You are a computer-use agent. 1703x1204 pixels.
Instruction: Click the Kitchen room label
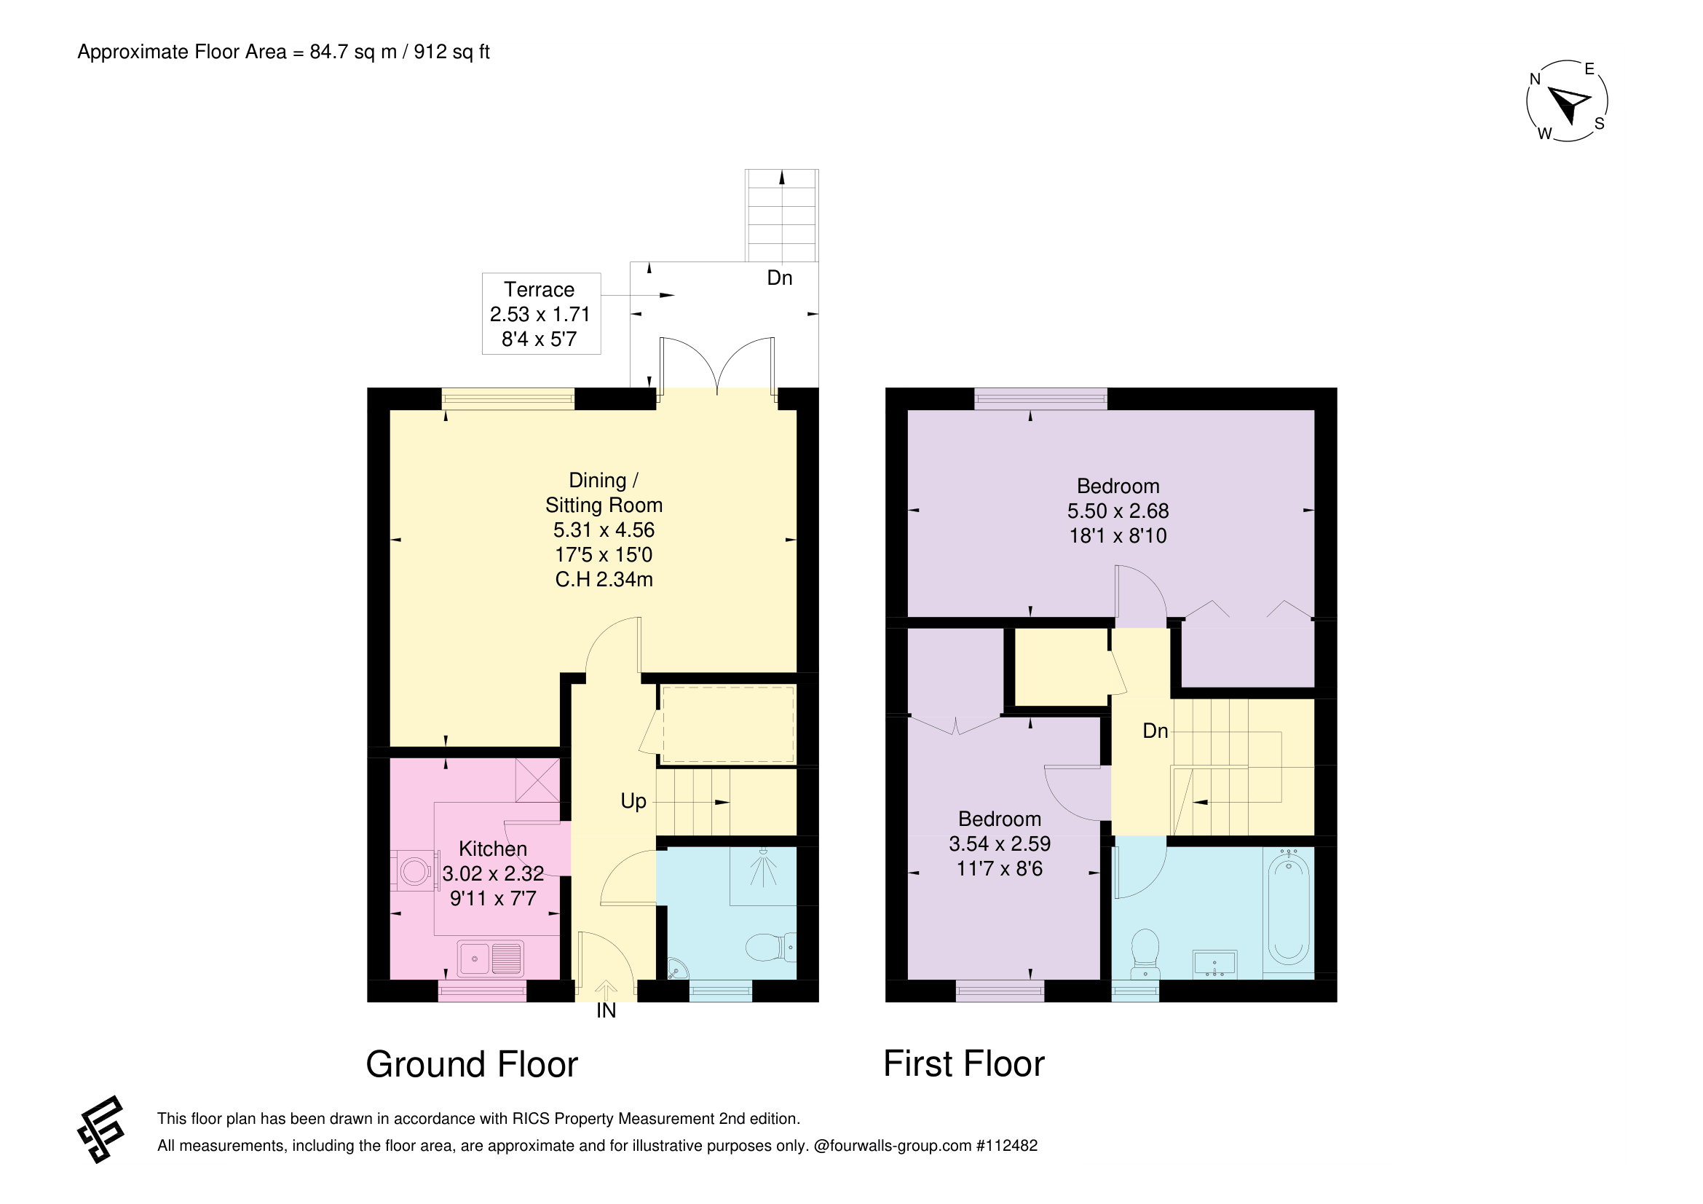point(492,849)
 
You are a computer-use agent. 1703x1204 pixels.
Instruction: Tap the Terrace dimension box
point(541,314)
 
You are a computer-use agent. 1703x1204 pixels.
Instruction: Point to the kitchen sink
point(490,959)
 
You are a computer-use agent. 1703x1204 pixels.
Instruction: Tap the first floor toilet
point(1146,953)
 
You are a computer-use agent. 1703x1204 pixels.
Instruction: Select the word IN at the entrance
point(606,1011)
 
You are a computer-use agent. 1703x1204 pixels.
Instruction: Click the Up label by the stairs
point(633,801)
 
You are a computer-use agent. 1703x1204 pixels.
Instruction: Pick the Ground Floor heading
point(472,1065)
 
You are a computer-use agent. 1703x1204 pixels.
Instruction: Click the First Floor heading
point(963,1064)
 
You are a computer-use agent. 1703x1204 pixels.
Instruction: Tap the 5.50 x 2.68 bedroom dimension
point(1118,511)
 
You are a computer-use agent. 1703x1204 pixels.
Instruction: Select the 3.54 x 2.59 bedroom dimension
point(1000,843)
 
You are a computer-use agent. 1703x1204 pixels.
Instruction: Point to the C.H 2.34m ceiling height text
point(604,579)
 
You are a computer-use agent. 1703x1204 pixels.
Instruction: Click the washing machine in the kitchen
point(414,870)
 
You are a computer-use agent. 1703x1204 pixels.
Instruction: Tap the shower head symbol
point(763,868)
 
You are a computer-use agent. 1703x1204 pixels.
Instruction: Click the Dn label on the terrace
point(780,278)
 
